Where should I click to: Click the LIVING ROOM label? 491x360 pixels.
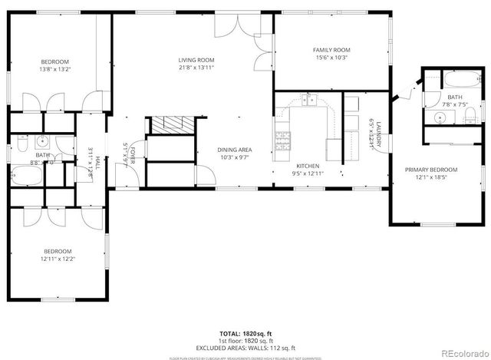point(196,60)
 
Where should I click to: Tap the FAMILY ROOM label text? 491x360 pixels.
point(331,50)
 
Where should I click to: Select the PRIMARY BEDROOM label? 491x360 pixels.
point(430,170)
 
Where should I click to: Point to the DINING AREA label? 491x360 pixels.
point(235,150)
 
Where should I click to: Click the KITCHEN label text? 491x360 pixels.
point(308,166)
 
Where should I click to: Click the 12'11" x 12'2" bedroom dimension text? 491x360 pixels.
point(57,259)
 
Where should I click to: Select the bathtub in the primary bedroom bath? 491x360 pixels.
point(452,81)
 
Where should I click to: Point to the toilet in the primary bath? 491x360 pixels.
point(470,116)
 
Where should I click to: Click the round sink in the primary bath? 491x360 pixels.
point(438,117)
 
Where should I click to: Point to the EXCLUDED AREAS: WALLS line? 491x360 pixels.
point(245,346)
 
